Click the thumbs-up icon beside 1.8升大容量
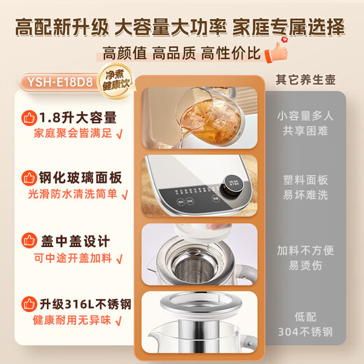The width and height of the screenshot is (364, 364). coord(29,116)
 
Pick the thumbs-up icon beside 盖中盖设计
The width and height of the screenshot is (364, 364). coord(29,241)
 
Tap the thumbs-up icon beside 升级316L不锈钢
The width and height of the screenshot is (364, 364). coord(29,304)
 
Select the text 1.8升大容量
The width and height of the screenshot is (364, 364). coord(78,116)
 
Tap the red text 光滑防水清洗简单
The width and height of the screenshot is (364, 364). coord(73,196)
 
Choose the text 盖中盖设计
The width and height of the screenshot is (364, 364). coord(73,241)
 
